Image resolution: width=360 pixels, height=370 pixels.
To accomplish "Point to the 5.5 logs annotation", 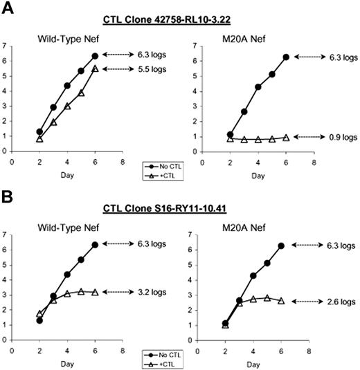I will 159,68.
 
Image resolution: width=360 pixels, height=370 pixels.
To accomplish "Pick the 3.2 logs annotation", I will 159,292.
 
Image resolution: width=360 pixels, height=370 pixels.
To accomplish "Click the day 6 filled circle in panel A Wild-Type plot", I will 95,56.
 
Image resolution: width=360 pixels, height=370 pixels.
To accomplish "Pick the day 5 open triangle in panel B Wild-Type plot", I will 81,291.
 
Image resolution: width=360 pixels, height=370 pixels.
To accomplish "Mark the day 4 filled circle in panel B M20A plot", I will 258,275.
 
